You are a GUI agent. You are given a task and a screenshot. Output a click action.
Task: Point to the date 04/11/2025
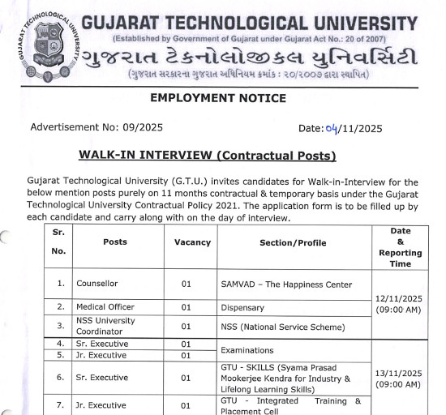(x=341, y=128)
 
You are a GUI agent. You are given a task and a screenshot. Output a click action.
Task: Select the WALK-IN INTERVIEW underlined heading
(x=207, y=155)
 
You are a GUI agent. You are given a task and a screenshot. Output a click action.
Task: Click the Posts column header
(x=115, y=242)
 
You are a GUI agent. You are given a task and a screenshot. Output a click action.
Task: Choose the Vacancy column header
(x=192, y=242)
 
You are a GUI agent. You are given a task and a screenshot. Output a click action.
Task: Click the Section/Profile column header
(x=293, y=242)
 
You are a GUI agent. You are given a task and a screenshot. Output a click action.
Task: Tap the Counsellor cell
(x=97, y=285)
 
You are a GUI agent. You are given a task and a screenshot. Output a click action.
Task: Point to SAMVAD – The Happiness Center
(x=286, y=285)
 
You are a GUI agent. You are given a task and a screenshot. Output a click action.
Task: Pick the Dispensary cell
(x=242, y=307)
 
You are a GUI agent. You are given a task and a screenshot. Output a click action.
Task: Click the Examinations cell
(x=247, y=349)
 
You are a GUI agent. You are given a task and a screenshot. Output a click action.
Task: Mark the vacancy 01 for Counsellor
(x=186, y=285)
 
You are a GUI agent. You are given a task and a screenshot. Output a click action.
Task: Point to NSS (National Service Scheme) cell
(x=283, y=327)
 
